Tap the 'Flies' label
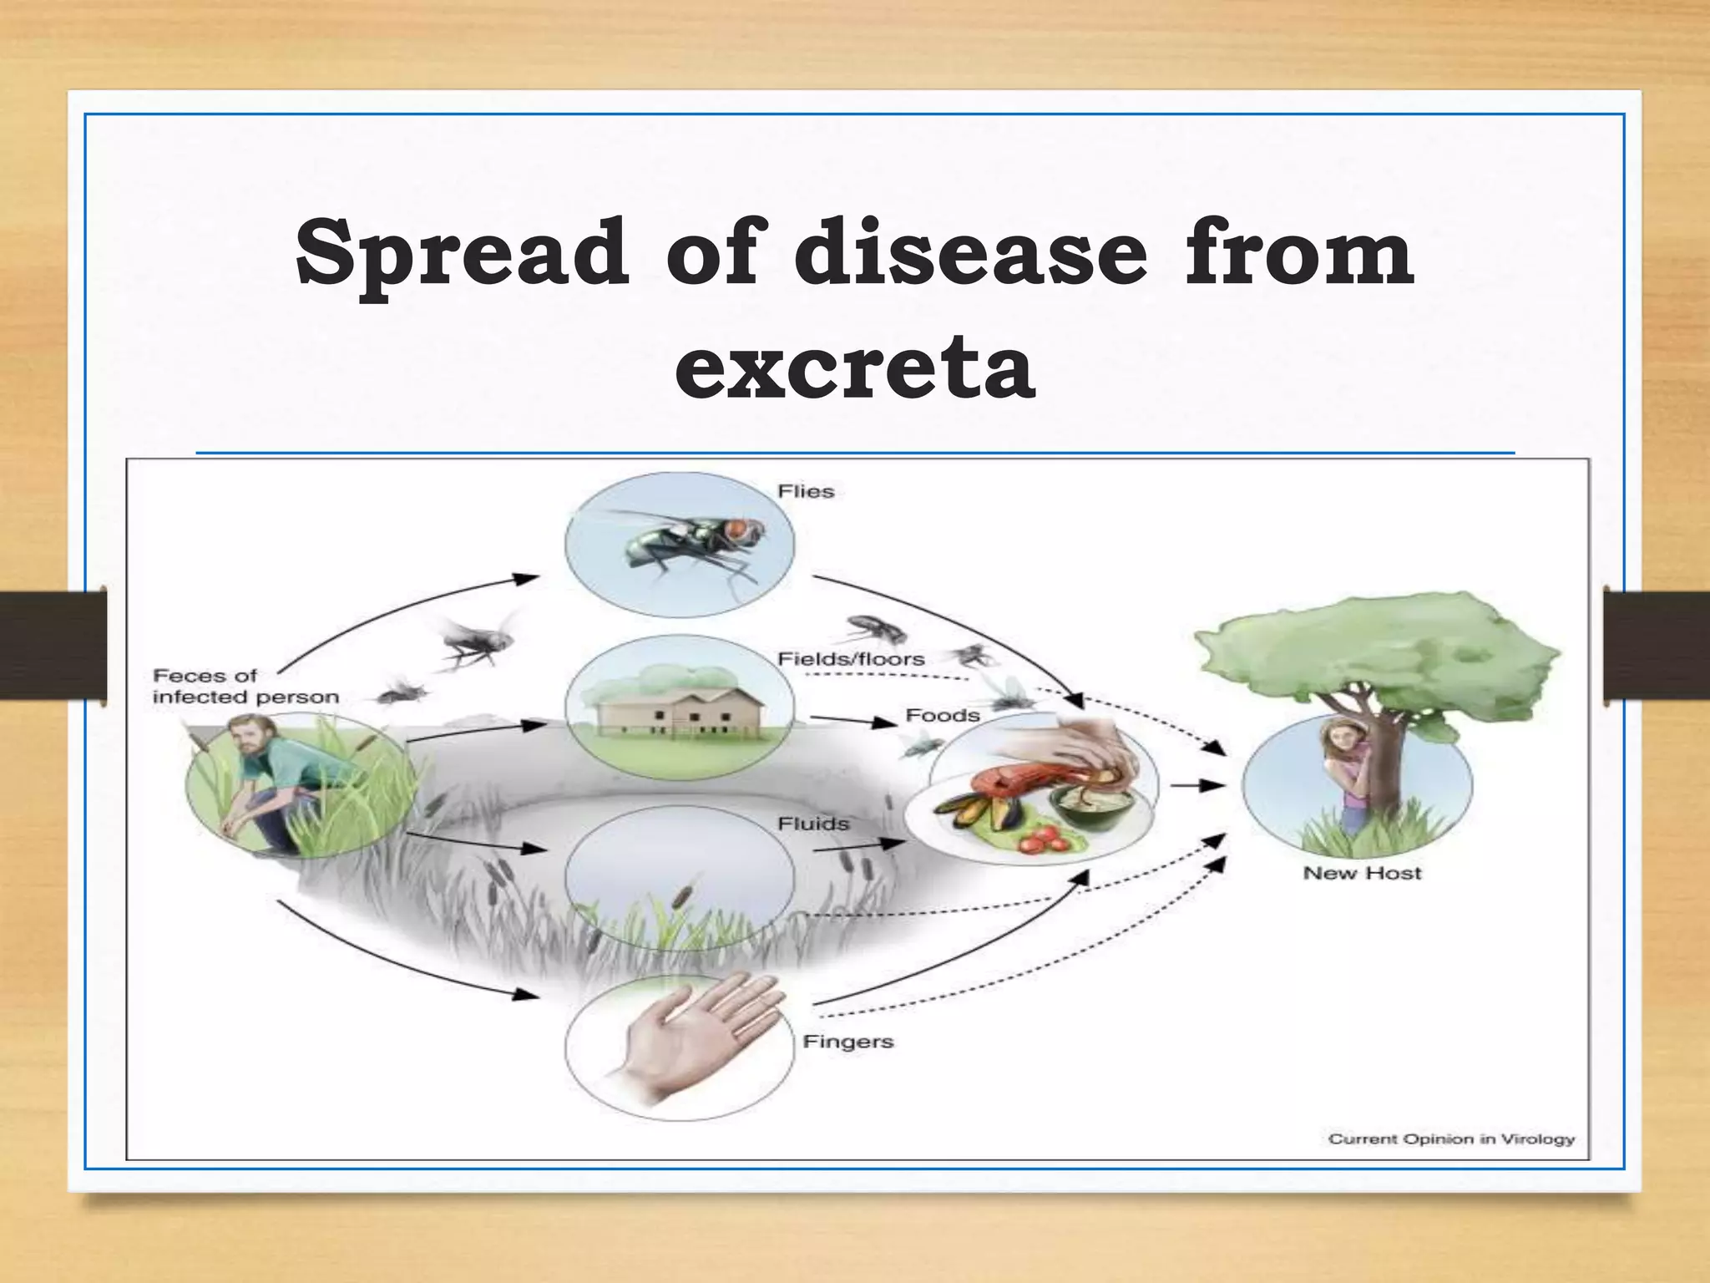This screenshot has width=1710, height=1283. pos(806,491)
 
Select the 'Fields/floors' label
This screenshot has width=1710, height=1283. pos(851,659)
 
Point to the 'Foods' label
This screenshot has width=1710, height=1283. pos(942,715)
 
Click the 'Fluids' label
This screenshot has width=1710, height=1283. pos(813,824)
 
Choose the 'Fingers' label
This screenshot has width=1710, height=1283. pos(847,1042)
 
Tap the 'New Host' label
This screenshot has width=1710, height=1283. pos(1361,874)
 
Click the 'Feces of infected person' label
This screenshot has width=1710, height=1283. pos(245,686)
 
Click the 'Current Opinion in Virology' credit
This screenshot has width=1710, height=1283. pos(1451,1139)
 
